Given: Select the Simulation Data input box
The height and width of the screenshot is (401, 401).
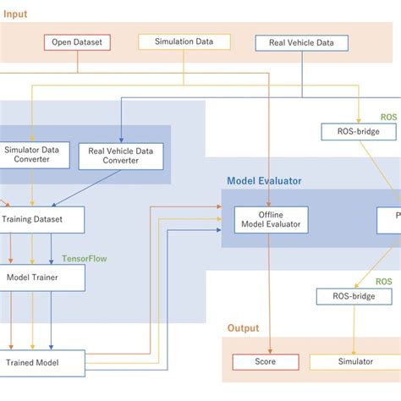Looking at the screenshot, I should point(183,41).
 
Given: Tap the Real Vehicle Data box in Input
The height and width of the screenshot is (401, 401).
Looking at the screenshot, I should point(301,41).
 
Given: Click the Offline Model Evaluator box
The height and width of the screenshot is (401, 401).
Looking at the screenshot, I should point(271,220).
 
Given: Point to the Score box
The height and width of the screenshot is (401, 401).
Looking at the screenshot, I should point(266,362).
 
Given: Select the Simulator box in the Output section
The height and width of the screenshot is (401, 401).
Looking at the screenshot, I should point(354,362).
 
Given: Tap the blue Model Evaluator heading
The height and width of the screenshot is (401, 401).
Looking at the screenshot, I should point(263,180).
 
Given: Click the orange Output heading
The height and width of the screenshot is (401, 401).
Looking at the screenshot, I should point(243,328).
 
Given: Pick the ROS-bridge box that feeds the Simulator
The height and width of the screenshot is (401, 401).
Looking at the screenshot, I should point(354,296).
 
